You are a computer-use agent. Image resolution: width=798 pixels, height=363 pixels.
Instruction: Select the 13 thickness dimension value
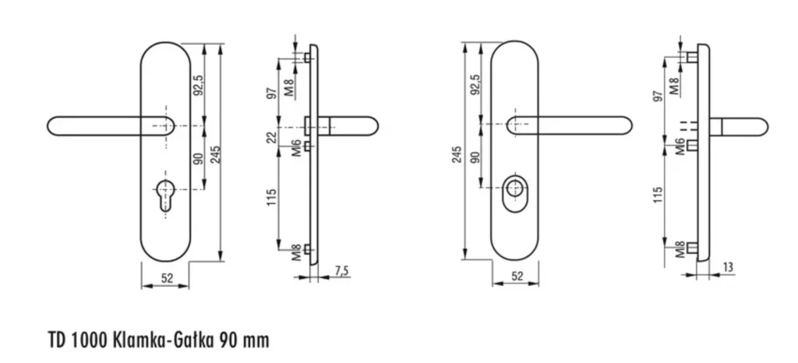tap(729, 267)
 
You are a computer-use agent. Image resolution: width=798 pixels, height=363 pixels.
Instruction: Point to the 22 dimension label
tap(272, 137)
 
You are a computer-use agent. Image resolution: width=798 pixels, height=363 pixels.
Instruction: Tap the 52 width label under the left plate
tap(167, 278)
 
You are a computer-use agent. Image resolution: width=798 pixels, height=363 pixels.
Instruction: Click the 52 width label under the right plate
tap(517, 277)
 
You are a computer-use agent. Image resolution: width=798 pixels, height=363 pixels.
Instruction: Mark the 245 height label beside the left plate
tap(216, 155)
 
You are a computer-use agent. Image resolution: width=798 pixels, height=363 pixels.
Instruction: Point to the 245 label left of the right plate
tap(456, 154)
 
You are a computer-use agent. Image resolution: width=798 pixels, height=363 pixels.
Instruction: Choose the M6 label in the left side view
tap(297, 148)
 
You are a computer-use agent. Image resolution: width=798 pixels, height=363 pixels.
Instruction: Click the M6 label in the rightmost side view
tap(680, 146)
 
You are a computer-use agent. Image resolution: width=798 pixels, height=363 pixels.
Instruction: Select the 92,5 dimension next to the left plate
tap(199, 85)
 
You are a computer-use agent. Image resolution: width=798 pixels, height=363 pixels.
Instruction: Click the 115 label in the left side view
tap(272, 197)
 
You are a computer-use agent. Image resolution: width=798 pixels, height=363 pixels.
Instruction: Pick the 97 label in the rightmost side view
tap(659, 96)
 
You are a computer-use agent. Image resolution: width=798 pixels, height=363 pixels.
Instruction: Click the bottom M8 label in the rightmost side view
tap(680, 249)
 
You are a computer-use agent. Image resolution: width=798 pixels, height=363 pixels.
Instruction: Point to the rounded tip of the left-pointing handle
tap(48, 126)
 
